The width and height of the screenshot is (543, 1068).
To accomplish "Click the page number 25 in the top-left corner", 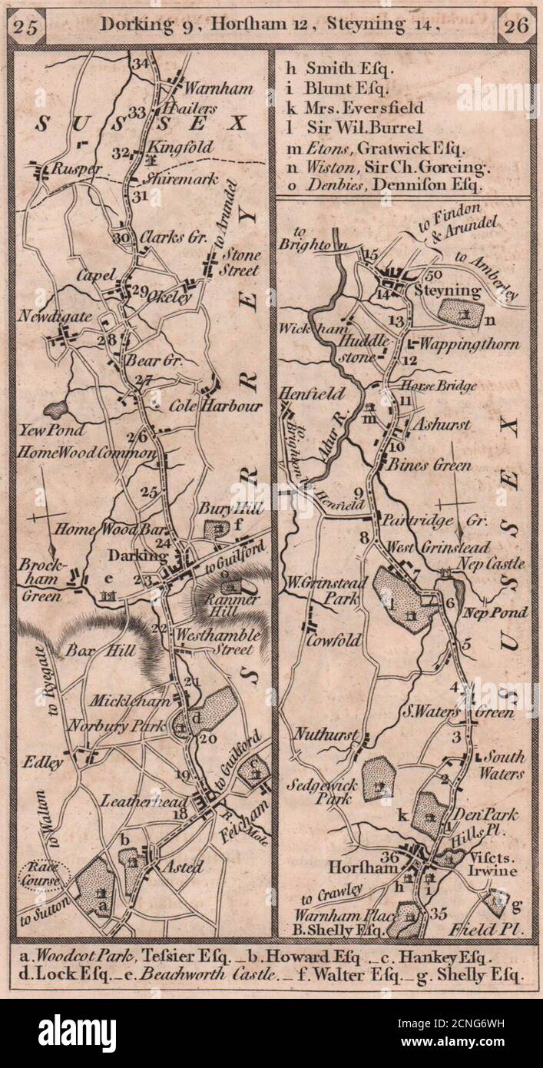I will click(x=29, y=26).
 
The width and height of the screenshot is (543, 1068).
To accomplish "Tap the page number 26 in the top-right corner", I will click(x=512, y=26).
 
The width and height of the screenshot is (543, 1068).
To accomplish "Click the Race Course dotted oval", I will click(x=45, y=874).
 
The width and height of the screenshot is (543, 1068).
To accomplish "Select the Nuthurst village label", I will click(x=326, y=735).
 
